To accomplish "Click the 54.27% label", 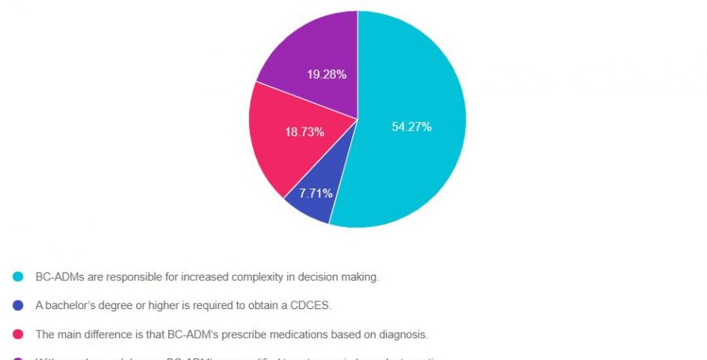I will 411,127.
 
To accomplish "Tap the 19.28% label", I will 326,74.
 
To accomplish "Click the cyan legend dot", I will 18,276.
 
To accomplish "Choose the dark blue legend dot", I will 18,305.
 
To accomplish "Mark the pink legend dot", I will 18,334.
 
